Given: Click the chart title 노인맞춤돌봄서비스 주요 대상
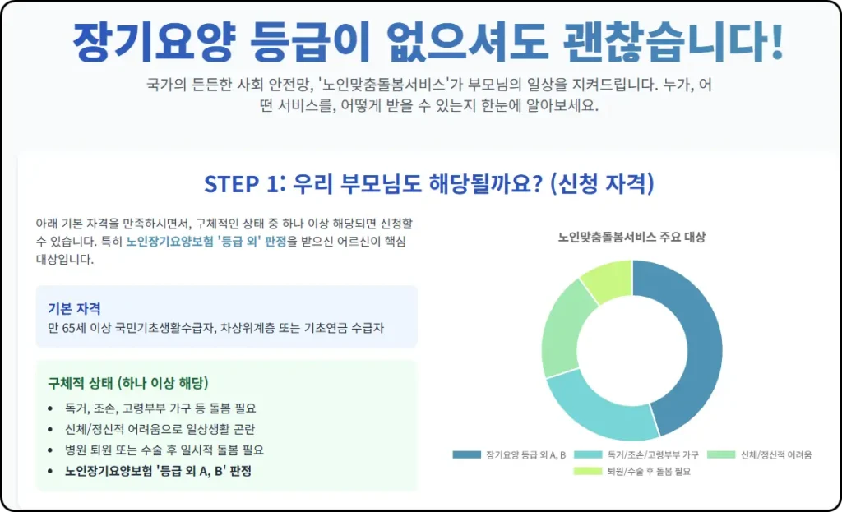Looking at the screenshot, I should pyautogui.click(x=631, y=238).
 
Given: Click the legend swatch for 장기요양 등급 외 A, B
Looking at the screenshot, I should pyautogui.click(x=466, y=454).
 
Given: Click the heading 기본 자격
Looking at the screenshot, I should pyautogui.click(x=74, y=309).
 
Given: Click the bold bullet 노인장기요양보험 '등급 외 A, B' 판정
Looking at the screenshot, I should pyautogui.click(x=158, y=471).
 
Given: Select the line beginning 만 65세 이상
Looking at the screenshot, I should pyautogui.click(x=216, y=328).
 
